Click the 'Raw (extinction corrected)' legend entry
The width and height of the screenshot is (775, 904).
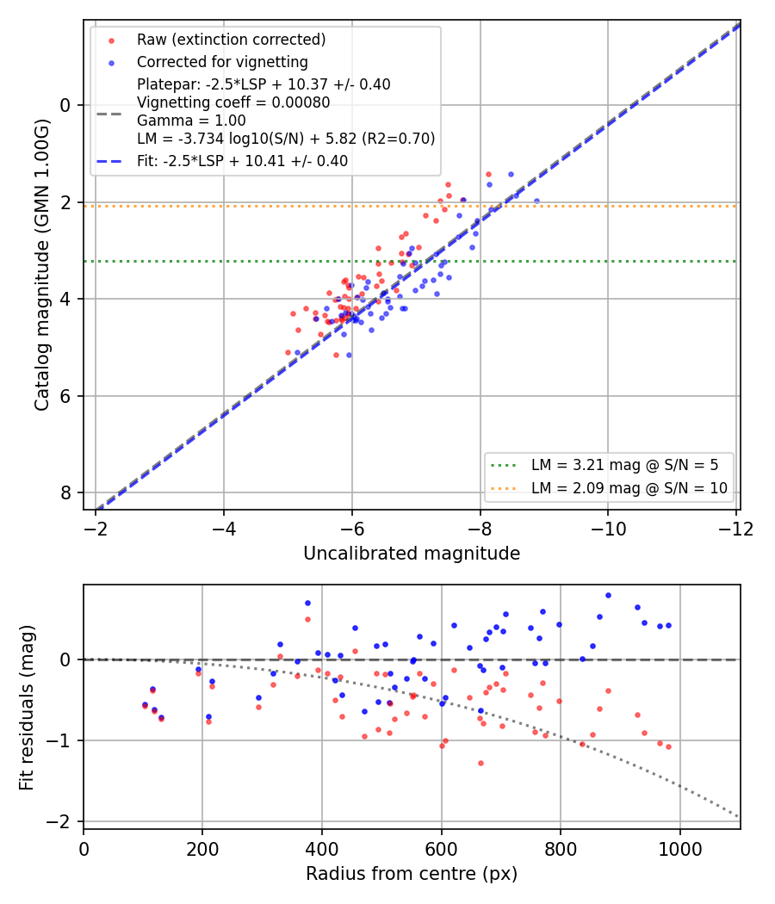tap(232, 40)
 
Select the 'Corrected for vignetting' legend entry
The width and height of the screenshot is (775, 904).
tap(222, 62)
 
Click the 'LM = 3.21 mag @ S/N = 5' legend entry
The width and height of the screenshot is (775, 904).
tap(625, 465)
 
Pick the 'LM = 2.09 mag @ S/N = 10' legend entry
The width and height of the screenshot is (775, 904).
tap(629, 488)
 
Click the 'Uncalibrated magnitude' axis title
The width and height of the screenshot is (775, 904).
tap(412, 554)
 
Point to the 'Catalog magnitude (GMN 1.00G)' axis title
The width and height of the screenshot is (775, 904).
tap(41, 264)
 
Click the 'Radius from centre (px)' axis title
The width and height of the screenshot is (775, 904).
tap(412, 874)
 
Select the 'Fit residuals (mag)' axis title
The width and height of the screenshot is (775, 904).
tap(27, 708)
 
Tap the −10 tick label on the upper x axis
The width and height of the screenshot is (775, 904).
tap(608, 529)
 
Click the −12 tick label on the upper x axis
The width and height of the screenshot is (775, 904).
tap(735, 529)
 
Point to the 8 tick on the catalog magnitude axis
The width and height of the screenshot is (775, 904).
tap(65, 493)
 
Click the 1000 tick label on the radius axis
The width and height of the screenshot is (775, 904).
tap(680, 849)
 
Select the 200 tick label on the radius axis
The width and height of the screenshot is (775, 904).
tap(202, 849)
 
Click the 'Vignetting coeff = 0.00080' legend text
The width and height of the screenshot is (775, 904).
tap(233, 102)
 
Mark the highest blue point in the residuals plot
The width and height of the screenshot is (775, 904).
tap(608, 596)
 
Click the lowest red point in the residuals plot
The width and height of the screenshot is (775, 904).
tap(480, 764)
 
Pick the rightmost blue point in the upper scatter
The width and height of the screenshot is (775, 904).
tap(536, 201)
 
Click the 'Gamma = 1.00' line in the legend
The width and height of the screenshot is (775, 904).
tap(191, 121)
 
